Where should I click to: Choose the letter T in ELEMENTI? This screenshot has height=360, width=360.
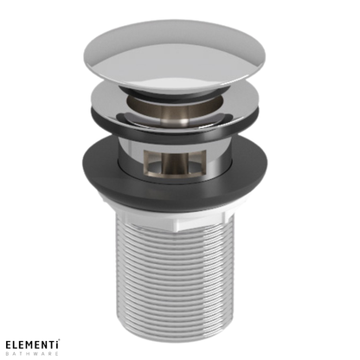(x=60, y=344)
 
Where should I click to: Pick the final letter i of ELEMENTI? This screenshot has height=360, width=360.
(x=67, y=344)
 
